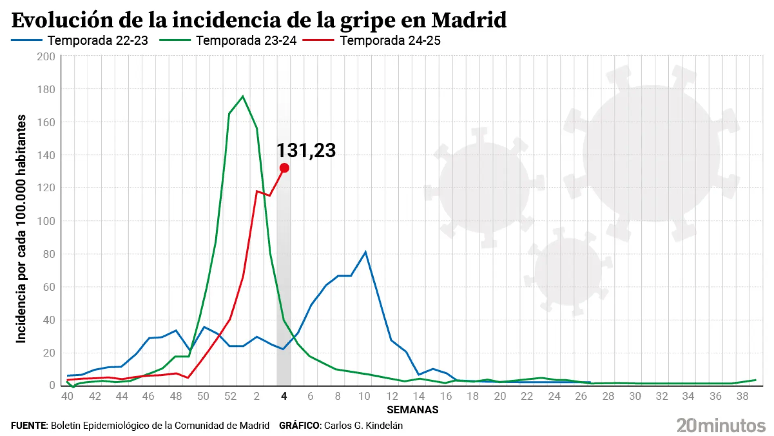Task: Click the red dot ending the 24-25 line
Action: [x=284, y=168]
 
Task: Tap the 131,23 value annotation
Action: [x=306, y=151]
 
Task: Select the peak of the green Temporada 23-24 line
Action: [x=243, y=96]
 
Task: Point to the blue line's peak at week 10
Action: [x=365, y=252]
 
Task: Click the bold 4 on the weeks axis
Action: [x=284, y=396]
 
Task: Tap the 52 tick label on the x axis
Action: [x=230, y=396]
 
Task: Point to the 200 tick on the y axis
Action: [x=46, y=57]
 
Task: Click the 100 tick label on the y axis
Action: [x=46, y=221]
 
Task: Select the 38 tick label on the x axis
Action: [x=742, y=396]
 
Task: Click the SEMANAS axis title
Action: [x=412, y=410]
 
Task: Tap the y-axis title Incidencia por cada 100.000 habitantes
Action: [x=21, y=229]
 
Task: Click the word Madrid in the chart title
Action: [x=468, y=20]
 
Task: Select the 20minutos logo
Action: [x=721, y=426]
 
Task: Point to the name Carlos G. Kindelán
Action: [x=363, y=426]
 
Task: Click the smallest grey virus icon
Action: [x=568, y=271]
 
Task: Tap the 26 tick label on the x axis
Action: [x=580, y=396]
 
